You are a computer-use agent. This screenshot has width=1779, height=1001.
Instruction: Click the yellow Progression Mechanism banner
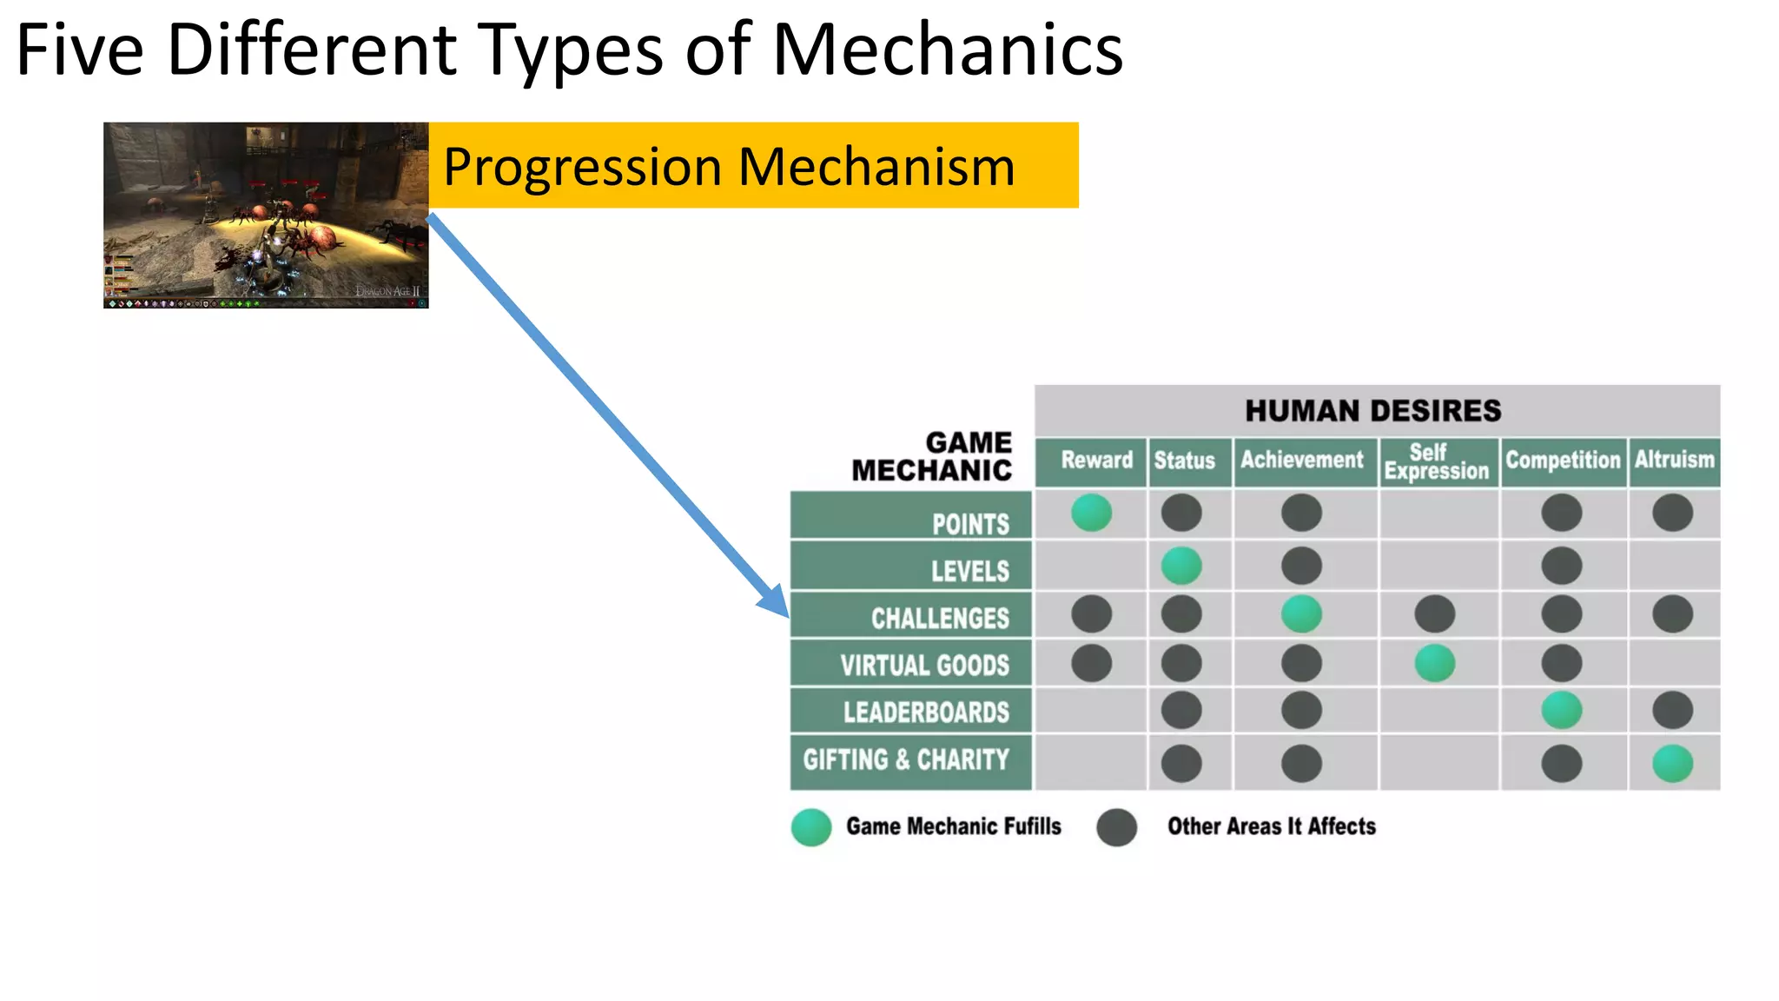pos(752,165)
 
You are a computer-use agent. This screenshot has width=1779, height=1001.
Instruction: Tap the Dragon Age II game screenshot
pos(266,215)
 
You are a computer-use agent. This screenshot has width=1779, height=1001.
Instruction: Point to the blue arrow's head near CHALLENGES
pos(776,602)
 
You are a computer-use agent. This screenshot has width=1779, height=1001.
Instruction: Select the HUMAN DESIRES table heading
pos(1372,411)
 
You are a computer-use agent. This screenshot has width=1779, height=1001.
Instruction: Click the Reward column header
pos(1095,460)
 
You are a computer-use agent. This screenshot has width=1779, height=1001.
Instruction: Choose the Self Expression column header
pos(1436,461)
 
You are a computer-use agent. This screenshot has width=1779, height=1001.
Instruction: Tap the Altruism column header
pos(1674,460)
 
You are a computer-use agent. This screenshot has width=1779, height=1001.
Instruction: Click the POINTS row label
pos(970,524)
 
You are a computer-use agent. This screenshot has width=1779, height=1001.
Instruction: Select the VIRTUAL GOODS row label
pos(924,666)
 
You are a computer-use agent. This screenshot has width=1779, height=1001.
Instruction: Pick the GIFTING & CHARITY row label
pos(906,760)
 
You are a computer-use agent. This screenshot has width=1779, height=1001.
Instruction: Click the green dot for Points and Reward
pos(1091,513)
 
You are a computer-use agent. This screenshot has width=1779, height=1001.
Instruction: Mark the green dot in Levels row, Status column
pos(1181,567)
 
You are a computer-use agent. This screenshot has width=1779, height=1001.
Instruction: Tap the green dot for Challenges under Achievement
pos(1301,614)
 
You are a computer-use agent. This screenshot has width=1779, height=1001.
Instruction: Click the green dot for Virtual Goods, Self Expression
pos(1434,664)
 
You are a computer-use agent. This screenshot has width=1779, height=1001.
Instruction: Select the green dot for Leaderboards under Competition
pos(1561,711)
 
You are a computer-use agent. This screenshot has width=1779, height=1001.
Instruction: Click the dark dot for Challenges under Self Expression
pos(1434,614)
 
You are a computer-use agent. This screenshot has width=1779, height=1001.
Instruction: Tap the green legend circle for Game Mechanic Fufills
pos(811,827)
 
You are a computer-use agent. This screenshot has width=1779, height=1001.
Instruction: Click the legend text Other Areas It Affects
pos(1271,826)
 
